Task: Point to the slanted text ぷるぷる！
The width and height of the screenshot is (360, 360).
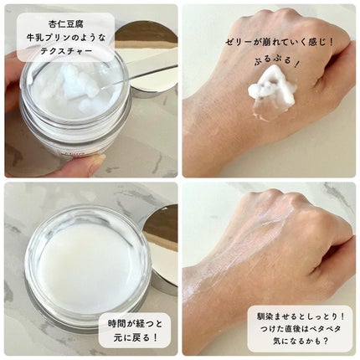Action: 270,63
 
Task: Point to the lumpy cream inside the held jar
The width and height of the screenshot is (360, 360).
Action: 71,84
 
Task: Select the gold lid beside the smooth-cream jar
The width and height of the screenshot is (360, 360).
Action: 163,243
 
